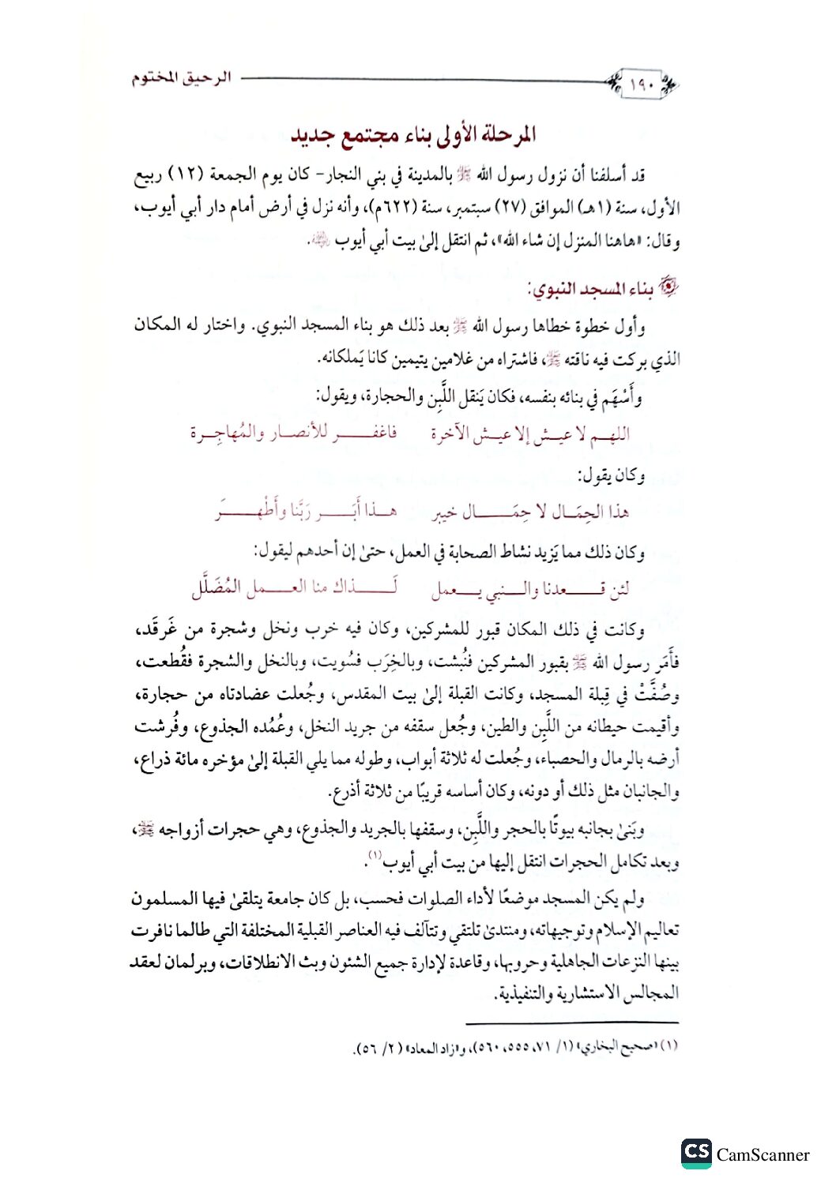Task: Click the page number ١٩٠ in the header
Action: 642,84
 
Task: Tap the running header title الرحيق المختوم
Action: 181,78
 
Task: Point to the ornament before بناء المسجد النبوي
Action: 668,289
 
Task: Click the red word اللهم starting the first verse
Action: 612,433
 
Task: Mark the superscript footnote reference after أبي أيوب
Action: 376,855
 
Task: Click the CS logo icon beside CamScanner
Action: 696,1153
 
